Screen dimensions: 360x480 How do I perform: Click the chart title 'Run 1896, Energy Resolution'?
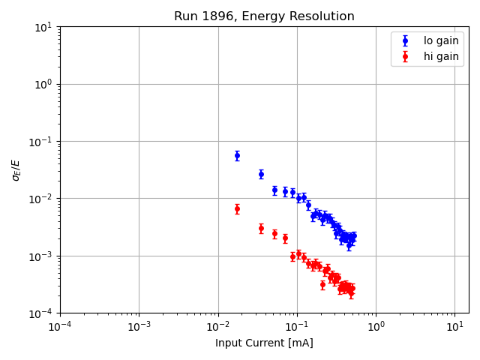click(264, 16)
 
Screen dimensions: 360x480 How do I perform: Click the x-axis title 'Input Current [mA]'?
click(264, 343)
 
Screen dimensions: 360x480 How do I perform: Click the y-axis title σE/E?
click(16, 169)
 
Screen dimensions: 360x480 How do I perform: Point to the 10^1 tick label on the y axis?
click(43, 27)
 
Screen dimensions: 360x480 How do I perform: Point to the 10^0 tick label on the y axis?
click(43, 84)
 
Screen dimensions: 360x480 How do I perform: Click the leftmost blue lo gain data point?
click(237, 156)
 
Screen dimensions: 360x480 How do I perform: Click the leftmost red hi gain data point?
click(237, 208)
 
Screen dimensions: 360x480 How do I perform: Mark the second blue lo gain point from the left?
click(261, 174)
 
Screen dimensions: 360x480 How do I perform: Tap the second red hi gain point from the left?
click(261, 228)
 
